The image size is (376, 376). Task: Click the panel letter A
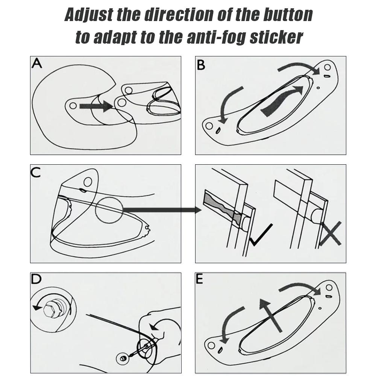click(x=37, y=63)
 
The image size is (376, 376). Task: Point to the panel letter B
click(x=201, y=65)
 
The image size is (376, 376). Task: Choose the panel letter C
click(x=36, y=172)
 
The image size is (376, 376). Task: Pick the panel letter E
click(x=200, y=279)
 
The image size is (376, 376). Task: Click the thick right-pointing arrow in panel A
click(x=96, y=106)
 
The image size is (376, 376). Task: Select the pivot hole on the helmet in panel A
click(x=73, y=106)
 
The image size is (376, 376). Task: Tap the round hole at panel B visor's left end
click(x=209, y=126)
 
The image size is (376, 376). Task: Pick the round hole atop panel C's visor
click(x=88, y=182)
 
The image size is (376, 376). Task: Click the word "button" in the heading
click(x=288, y=15)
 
